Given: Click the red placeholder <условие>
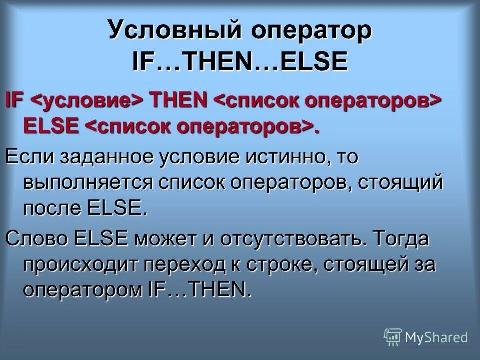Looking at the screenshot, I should [88, 100].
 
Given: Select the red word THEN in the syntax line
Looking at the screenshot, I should [179, 99].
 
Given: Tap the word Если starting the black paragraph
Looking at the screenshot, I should [29, 158].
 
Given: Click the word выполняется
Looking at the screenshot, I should [87, 183].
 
